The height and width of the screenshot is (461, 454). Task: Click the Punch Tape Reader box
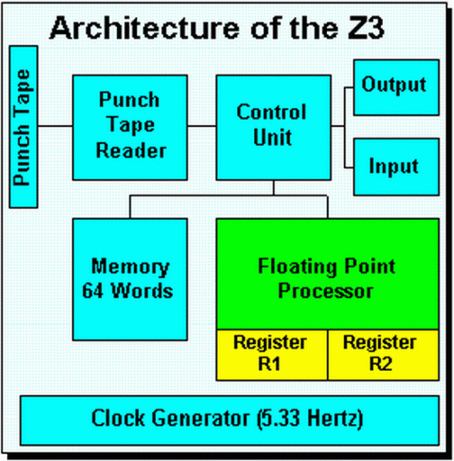(x=131, y=126)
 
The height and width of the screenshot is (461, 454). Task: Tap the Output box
(x=394, y=87)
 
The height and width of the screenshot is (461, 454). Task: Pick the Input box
(x=394, y=167)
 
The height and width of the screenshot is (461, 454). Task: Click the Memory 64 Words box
(x=131, y=278)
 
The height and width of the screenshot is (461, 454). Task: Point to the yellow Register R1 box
(x=271, y=353)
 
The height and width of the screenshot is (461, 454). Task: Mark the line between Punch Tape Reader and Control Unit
(x=203, y=125)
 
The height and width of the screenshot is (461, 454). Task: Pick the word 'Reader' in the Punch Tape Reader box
(x=131, y=150)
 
